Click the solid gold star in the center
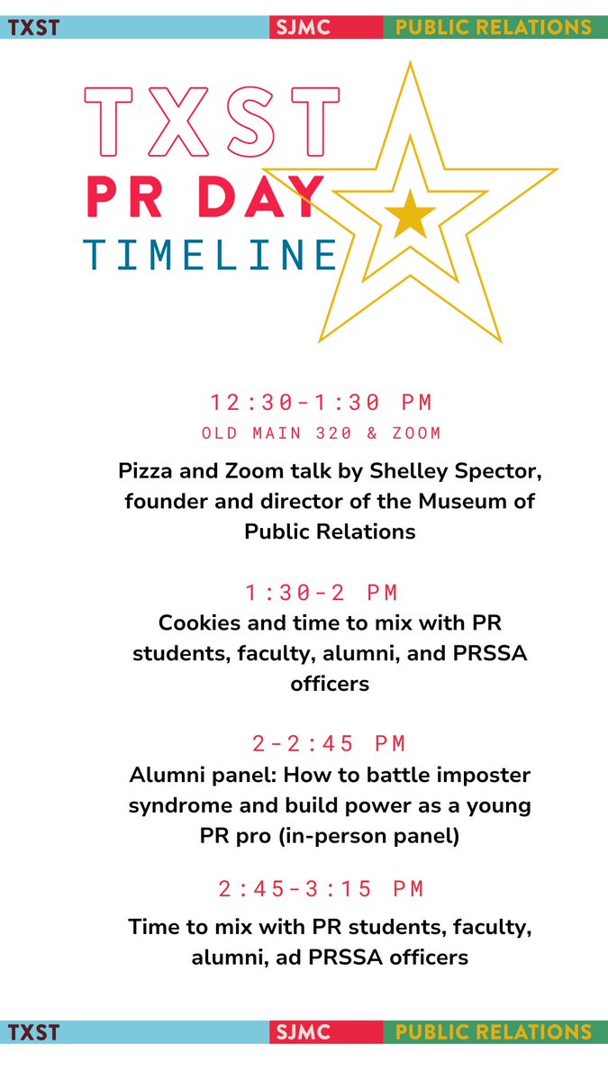point(410,213)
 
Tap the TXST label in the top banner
point(33,27)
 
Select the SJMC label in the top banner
point(304,27)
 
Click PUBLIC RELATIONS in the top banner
point(495,27)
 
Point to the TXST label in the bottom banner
point(33,1032)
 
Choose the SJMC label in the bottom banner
point(304,1032)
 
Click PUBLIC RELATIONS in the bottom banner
point(495,1032)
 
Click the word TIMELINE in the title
point(211,256)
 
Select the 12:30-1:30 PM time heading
point(322,402)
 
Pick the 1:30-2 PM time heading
point(322,593)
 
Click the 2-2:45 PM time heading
point(330,743)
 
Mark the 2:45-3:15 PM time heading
point(322,889)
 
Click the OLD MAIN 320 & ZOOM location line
point(322,433)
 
